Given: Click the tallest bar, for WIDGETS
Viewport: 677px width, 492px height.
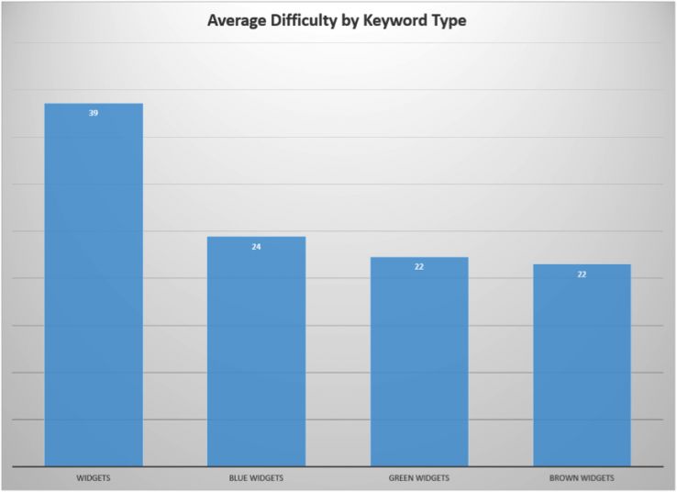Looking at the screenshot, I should (94, 285).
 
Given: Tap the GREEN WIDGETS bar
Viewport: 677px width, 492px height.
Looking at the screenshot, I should (419, 362).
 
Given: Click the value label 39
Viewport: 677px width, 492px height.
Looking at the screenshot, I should (94, 113).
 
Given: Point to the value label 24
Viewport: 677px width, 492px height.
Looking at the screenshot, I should (256, 247).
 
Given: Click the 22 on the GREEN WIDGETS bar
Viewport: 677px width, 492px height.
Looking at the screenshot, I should (419, 267).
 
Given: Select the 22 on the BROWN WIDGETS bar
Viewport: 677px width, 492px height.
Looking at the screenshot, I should (582, 274).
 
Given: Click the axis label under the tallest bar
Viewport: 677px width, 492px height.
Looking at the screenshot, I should (94, 478).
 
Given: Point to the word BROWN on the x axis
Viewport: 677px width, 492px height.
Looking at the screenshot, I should (563, 478).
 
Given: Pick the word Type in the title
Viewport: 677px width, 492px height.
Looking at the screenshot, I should (450, 20).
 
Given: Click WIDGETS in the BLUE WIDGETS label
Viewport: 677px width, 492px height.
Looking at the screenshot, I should (268, 478).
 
